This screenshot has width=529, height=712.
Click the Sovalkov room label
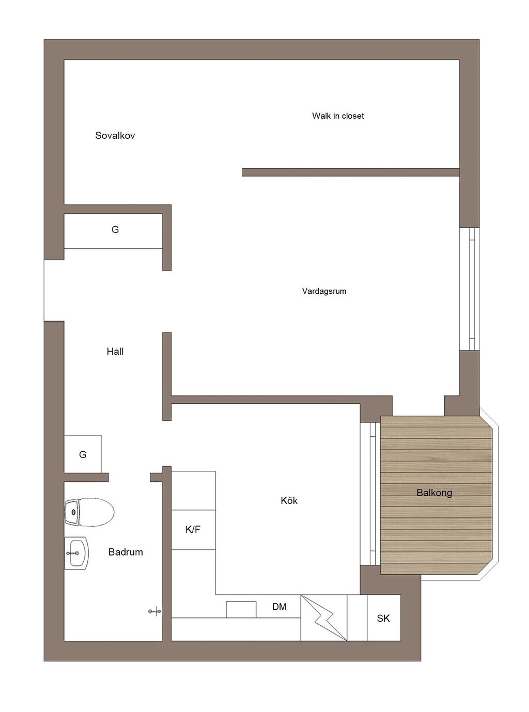(115, 135)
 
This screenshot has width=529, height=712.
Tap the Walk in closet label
(338, 116)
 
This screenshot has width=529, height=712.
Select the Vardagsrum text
(324, 291)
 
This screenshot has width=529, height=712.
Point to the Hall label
(115, 352)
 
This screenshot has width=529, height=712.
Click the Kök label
(289, 500)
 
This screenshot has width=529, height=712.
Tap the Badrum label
(126, 552)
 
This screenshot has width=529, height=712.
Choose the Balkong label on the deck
(434, 493)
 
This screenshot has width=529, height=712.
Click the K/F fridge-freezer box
(193, 529)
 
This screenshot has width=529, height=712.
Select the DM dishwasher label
(279, 606)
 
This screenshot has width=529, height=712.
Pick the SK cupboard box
(383, 618)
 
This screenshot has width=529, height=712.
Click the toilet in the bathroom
(89, 512)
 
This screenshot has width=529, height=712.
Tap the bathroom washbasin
(76, 553)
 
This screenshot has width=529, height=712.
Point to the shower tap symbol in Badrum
(155, 611)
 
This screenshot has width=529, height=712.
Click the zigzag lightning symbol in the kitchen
(324, 618)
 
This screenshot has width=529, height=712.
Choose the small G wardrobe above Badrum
(83, 454)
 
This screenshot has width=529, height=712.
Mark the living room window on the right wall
(469, 289)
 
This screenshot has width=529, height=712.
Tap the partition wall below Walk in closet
(351, 172)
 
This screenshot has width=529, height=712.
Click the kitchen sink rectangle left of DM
(241, 609)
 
